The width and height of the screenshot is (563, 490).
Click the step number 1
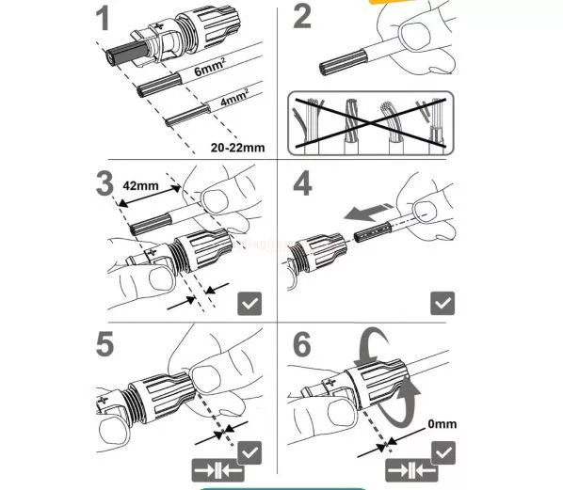coord(104,19)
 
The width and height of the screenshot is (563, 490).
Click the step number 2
coord(302,17)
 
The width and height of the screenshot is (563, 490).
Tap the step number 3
coord(105,183)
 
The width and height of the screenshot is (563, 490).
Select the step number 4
coord(302,183)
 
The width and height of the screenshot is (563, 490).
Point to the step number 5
coord(105,343)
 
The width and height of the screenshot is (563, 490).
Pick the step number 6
coord(302,344)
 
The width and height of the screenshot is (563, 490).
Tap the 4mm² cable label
coord(234,97)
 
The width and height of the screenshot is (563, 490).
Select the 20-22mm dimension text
coord(237,148)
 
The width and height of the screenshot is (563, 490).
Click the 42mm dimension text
coord(140,185)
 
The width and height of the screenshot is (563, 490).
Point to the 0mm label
coord(442,424)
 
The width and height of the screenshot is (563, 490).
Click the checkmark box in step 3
coord(249,304)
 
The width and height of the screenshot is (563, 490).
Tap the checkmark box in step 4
coord(442,303)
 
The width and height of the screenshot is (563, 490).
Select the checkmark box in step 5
coord(249,452)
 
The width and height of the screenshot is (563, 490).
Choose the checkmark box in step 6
coord(443,452)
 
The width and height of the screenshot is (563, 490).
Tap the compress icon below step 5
coord(217,470)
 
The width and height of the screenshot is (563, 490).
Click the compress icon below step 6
coord(411,470)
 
